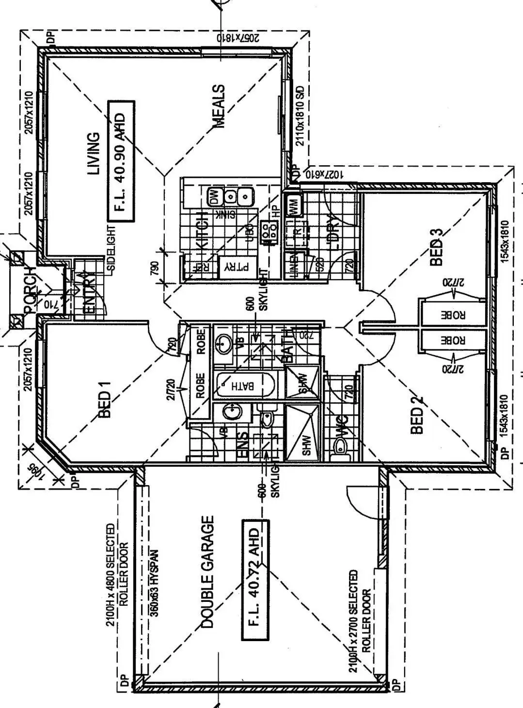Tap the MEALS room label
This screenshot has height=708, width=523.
click(219, 106)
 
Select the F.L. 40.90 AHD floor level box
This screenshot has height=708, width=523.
click(120, 162)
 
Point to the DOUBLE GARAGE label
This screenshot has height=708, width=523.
click(207, 572)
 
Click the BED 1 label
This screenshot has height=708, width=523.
click(105, 399)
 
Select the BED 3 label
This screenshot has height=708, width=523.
click(436, 247)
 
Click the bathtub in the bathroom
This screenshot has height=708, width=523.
click(244, 386)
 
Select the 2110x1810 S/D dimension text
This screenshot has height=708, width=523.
click(300, 115)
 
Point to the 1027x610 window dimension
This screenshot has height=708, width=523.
click(324, 174)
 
